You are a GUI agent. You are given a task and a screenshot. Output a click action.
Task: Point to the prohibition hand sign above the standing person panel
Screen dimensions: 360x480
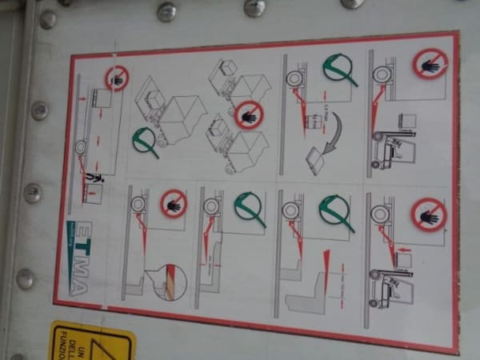pos(117,78)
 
